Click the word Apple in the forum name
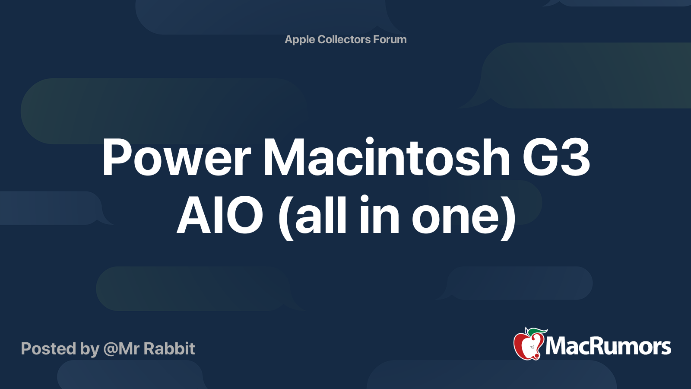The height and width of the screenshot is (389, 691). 300,39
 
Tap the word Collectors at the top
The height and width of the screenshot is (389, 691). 344,39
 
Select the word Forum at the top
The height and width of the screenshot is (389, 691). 390,39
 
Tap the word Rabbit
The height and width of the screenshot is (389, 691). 169,349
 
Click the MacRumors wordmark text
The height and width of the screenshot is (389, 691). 608,347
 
